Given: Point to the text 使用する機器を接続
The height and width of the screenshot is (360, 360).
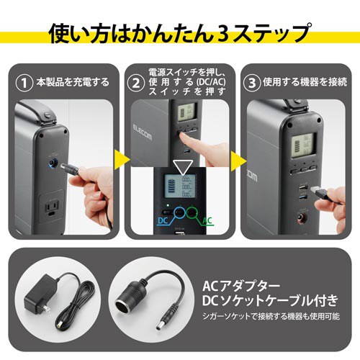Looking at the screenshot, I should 303,82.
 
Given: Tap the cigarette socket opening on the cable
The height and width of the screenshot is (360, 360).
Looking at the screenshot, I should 133,286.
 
